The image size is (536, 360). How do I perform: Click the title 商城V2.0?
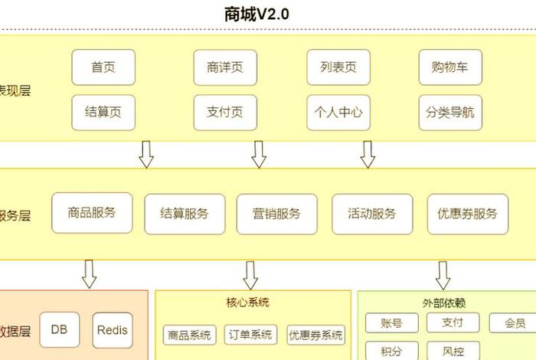click(x=257, y=14)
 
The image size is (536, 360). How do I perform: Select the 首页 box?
click(x=103, y=67)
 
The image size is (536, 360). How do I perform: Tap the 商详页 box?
click(x=225, y=67)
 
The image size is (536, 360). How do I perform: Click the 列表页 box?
click(x=338, y=67)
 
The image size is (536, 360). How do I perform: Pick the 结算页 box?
click(x=103, y=113)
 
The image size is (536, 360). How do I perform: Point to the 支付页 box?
click(x=225, y=113)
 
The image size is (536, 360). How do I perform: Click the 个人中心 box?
click(x=338, y=113)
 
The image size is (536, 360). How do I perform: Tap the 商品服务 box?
click(x=92, y=213)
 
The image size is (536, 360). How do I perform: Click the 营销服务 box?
click(x=276, y=214)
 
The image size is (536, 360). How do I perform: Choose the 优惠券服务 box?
click(x=467, y=214)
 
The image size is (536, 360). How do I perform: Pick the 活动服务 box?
click(x=372, y=214)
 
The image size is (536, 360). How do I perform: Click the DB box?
click(x=60, y=330)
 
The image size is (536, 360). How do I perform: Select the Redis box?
click(x=113, y=330)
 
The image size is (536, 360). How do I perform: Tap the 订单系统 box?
click(x=250, y=335)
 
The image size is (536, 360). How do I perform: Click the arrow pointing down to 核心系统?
click(x=250, y=274)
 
